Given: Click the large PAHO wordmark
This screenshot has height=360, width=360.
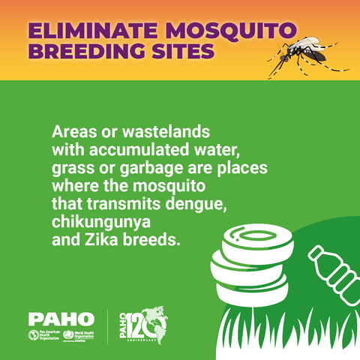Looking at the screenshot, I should pos(61,319).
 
